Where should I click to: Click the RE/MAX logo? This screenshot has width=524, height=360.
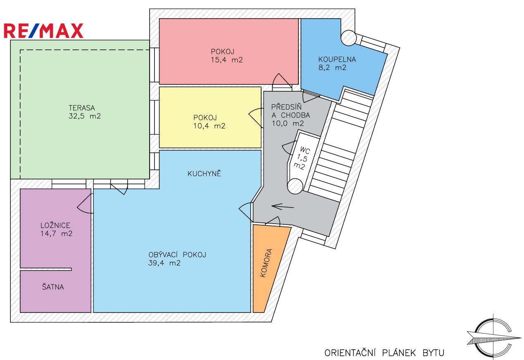[43, 31]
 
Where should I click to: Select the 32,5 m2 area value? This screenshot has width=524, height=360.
[84, 117]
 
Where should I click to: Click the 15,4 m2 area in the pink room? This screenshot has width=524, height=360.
[226, 60]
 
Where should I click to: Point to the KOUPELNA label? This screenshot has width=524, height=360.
[337, 60]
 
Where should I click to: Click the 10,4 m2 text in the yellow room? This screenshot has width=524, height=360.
[209, 126]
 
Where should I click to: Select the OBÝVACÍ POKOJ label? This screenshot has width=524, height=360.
[177, 255]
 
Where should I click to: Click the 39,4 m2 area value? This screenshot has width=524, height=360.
[164, 263]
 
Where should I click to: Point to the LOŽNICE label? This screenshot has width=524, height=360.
[55, 226]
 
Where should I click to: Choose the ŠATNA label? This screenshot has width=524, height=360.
[52, 287]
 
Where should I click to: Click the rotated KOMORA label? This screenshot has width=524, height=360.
[267, 263]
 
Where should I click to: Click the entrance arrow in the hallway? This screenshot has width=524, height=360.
[283, 206]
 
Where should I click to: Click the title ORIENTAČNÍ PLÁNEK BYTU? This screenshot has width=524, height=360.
[384, 353]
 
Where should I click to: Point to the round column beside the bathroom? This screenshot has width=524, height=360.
[348, 38]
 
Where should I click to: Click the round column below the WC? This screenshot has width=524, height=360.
[295, 186]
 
